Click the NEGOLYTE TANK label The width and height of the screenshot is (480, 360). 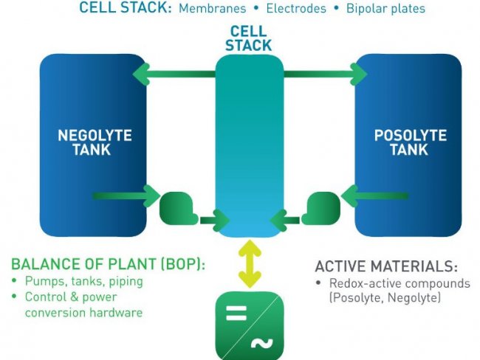[95, 142]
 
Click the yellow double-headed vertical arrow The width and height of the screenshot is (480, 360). [251, 263]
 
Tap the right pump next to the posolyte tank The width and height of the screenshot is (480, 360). [321, 208]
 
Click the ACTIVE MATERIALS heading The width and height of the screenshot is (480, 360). [386, 266]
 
